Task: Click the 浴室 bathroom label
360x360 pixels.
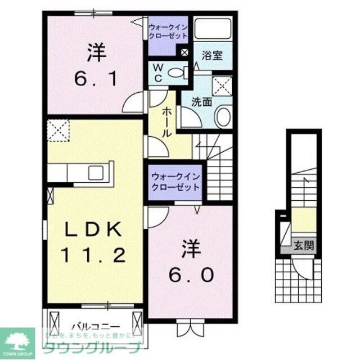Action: coord(213,55)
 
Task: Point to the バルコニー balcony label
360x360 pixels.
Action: coord(95,326)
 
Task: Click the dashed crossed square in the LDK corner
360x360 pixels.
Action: coord(58,132)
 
